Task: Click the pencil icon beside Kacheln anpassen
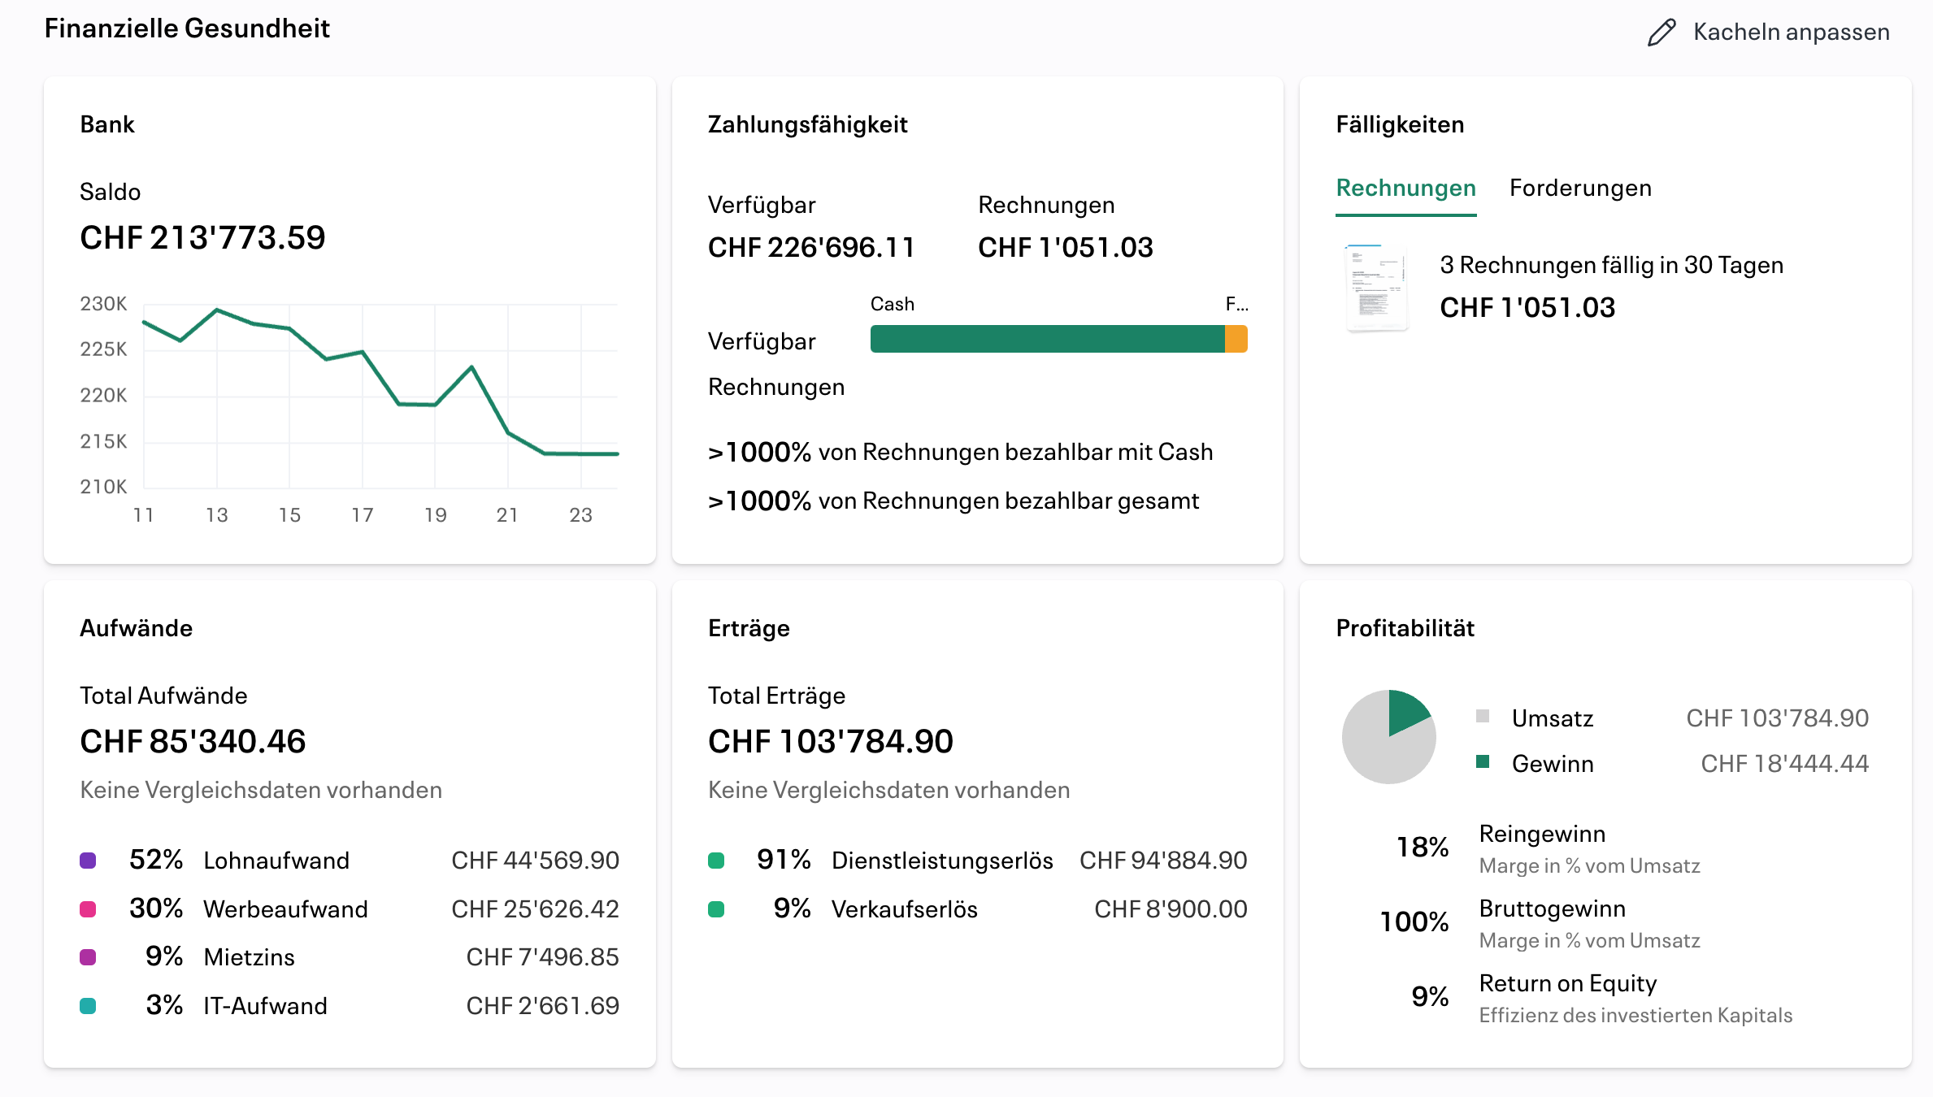pos(1661,33)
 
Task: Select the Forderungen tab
pos(1579,189)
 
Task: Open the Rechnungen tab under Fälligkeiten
pos(1405,189)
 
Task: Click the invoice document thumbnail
pos(1376,288)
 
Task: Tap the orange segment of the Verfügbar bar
pos(1236,339)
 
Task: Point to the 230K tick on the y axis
pos(103,304)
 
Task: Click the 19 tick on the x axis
pos(435,515)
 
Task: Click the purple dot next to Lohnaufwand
pos(88,861)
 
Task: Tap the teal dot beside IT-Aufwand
pos(88,1006)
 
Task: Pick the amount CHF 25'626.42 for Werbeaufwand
pos(535,909)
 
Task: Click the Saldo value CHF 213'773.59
pos(202,238)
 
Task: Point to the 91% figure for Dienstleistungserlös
pos(783,860)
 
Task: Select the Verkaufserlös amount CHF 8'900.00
pos(1170,909)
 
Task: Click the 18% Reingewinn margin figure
pos(1422,848)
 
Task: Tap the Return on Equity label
pos(1567,983)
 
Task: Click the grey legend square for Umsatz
pos(1483,717)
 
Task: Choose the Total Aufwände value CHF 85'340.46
pos(193,741)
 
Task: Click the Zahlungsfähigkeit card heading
pos(807,124)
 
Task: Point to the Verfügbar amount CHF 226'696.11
pos(811,248)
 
